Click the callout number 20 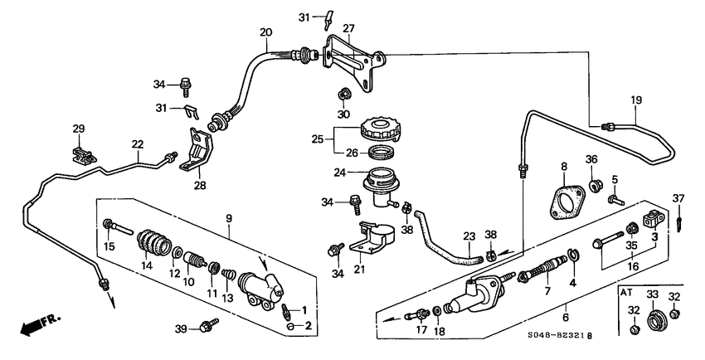[265, 32]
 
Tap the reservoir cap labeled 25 [381, 130]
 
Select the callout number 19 [637, 100]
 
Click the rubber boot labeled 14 [154, 241]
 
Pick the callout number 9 [229, 219]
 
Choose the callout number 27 [348, 27]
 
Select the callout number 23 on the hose [469, 236]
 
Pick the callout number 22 [137, 144]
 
